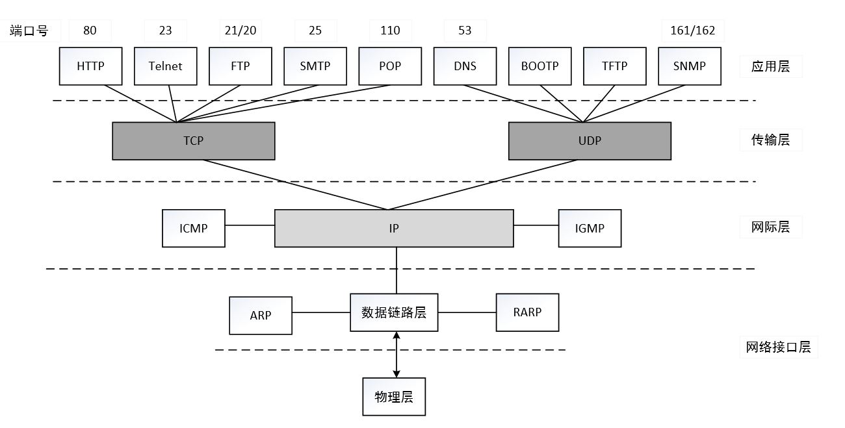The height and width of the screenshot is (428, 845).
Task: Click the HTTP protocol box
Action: click(x=90, y=66)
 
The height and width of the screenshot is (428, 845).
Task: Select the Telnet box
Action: click(x=165, y=66)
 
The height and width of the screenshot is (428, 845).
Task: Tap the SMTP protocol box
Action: click(x=315, y=66)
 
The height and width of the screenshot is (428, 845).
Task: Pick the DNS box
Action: click(x=465, y=66)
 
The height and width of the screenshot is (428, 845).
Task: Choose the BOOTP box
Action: click(x=539, y=66)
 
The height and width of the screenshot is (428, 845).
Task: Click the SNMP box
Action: click(x=690, y=66)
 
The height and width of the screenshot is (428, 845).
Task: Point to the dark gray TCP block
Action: click(x=193, y=140)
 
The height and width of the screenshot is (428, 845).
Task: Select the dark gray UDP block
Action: click(x=590, y=140)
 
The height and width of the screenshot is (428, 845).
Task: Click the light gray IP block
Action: click(x=394, y=228)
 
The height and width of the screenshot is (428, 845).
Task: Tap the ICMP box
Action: click(x=194, y=228)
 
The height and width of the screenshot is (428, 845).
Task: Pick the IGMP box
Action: click(x=590, y=228)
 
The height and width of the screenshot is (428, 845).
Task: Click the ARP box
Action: click(x=261, y=315)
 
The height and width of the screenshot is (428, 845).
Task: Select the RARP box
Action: click(x=527, y=312)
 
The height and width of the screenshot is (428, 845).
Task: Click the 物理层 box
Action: click(x=394, y=396)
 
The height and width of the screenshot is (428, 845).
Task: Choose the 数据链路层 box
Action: click(x=394, y=312)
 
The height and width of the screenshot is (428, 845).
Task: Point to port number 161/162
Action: click(x=692, y=31)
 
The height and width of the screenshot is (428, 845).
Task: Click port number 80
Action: click(x=90, y=31)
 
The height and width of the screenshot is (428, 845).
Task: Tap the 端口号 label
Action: click(x=29, y=31)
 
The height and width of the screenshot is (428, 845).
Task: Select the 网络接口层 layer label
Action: click(x=778, y=347)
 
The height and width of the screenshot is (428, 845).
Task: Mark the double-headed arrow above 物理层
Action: click(x=396, y=355)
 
